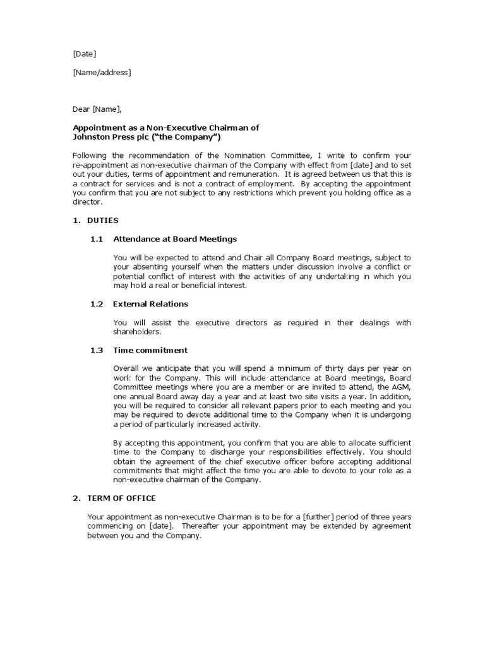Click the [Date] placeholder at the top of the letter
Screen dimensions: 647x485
point(85,54)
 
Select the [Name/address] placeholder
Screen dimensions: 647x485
point(102,73)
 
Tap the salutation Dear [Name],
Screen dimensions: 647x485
point(97,109)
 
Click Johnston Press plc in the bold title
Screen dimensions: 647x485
point(107,137)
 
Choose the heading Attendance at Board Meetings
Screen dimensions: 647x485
point(175,239)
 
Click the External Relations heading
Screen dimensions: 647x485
point(150,304)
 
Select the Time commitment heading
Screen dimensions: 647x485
point(150,350)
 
